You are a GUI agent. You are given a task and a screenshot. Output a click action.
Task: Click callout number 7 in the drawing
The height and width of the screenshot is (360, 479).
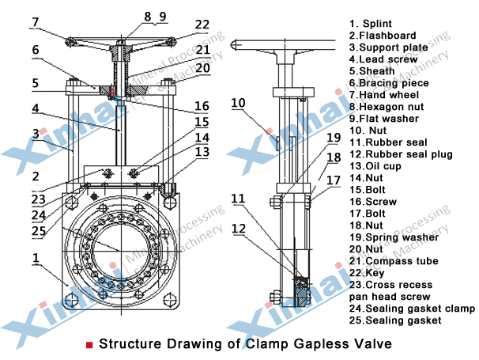(35, 22)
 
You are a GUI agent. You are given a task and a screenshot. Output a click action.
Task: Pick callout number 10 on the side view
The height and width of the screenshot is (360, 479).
(239, 101)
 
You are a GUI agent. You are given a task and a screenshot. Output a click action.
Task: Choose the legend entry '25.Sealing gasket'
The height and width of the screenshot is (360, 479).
(394, 320)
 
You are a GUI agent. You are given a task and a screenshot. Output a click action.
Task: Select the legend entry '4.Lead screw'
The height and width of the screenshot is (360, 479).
(382, 59)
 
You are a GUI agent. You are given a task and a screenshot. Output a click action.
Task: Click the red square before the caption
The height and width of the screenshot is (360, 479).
(90, 345)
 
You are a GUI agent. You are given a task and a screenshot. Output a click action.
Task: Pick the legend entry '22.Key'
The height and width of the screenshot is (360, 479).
(368, 273)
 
